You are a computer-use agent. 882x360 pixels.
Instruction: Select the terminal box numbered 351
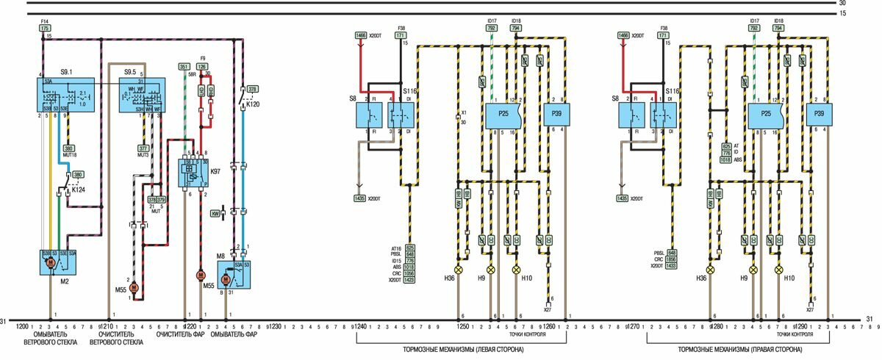coord(184,67)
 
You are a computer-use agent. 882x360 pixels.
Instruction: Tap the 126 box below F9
coord(201,67)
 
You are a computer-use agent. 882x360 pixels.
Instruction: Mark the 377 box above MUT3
coord(143,148)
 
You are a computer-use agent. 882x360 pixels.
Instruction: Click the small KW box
coord(216,213)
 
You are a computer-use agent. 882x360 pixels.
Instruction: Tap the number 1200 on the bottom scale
coord(22,326)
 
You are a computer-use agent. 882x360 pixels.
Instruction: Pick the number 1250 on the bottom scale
coord(463,326)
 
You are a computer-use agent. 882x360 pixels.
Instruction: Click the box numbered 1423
coord(409,280)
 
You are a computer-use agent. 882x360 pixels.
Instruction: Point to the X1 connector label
coord(463,112)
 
